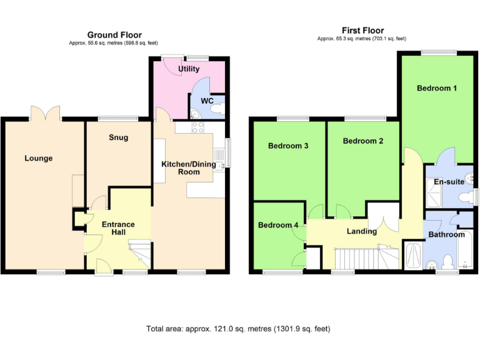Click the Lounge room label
[39, 158]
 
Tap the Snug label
[118, 137]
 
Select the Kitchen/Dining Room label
[189, 167]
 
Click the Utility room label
[189, 69]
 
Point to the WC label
[207, 101]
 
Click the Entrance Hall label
[119, 228]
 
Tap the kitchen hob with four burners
[199, 127]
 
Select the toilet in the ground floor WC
[216, 109]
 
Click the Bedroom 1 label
[437, 88]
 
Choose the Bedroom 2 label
[363, 141]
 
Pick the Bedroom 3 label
[288, 146]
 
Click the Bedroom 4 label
[278, 225]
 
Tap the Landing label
[362, 231]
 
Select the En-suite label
[448, 182]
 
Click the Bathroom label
[446, 234]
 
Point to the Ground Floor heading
[114, 35]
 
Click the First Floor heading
[362, 30]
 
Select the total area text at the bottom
[238, 328]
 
